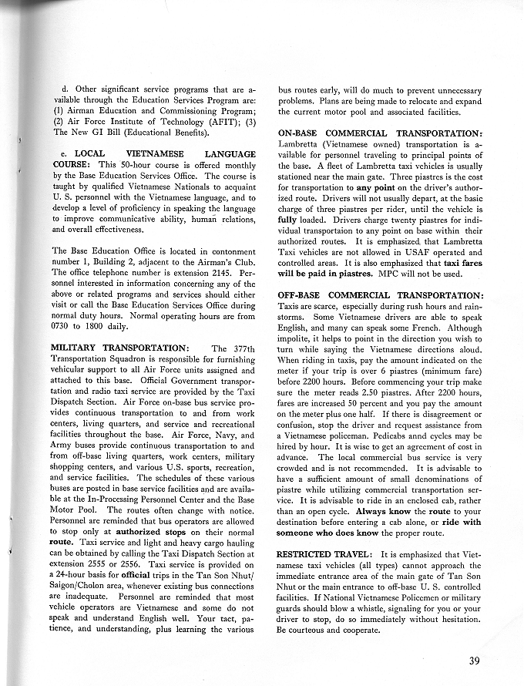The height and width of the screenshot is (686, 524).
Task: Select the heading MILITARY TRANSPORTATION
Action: point(118,348)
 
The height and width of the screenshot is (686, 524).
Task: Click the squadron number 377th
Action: point(241,348)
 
